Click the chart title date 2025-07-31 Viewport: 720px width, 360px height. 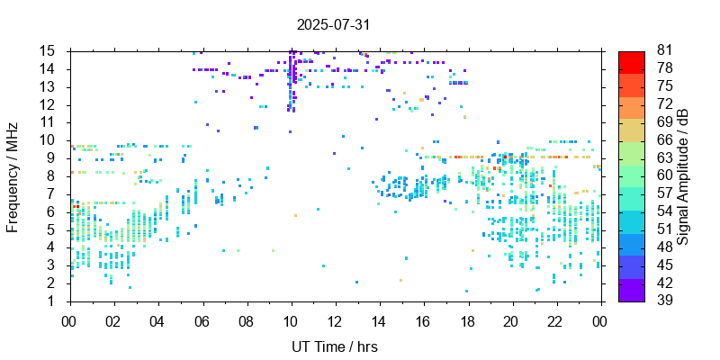point(334,24)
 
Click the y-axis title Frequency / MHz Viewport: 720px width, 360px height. point(13,175)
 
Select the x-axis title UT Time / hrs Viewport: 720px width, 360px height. point(334,346)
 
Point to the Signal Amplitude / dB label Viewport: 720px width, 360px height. point(683,175)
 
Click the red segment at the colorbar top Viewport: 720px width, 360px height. point(632,59)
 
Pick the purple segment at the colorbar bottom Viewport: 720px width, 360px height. point(632,292)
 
